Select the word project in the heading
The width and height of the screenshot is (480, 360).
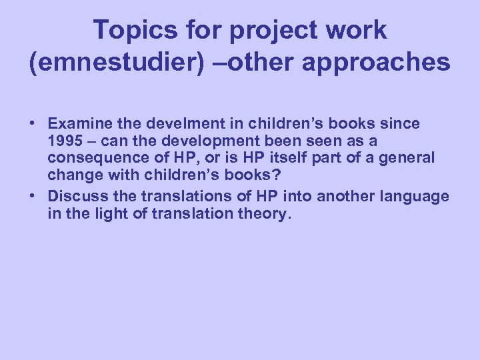257,31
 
